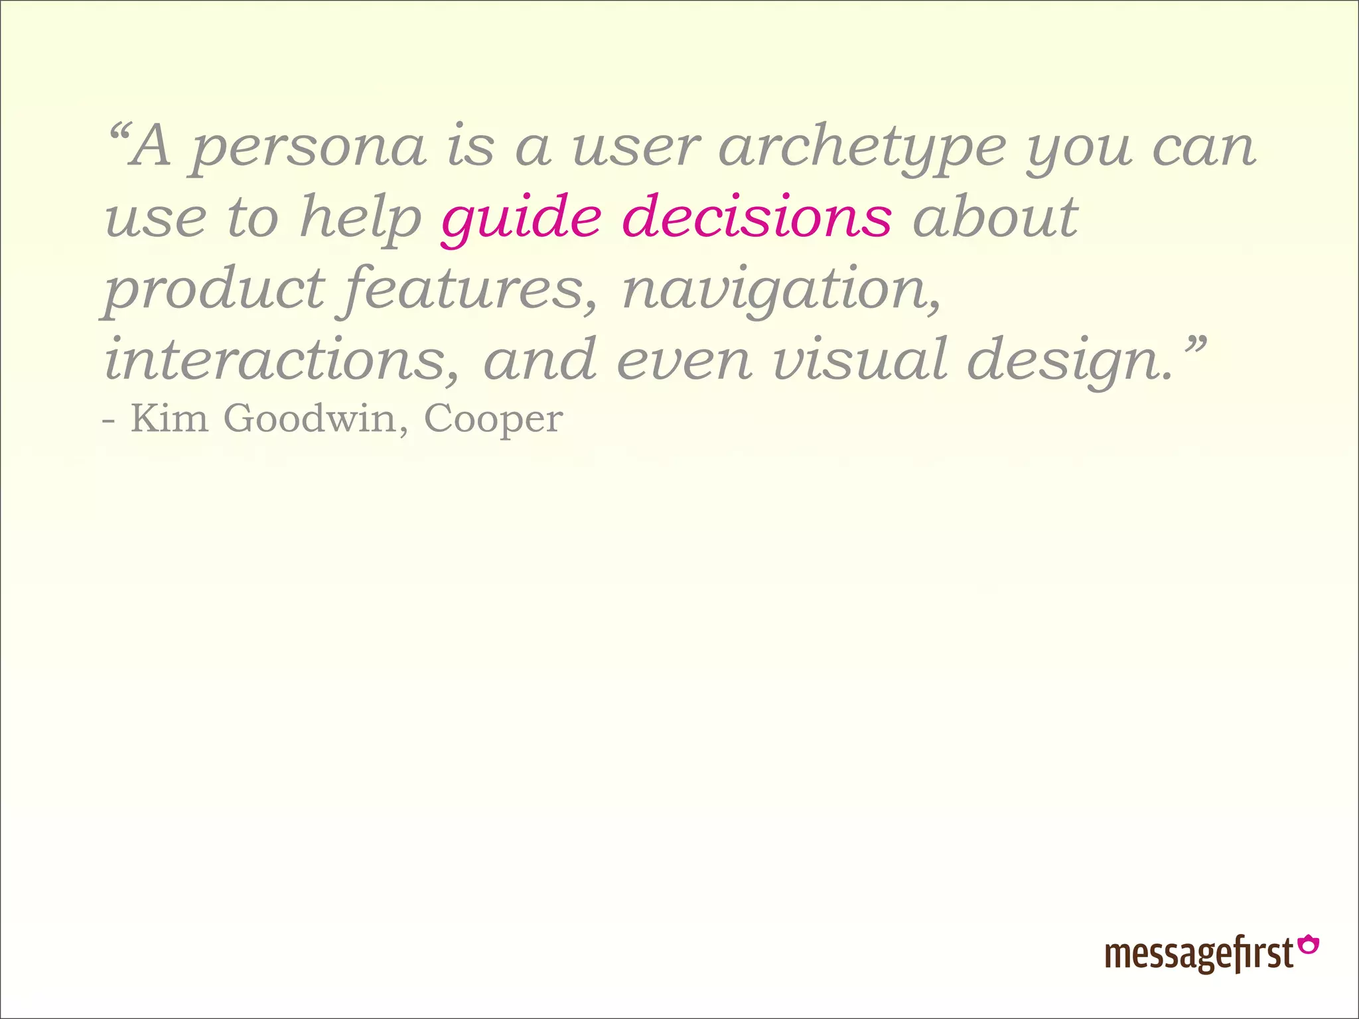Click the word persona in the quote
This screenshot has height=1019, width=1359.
pyautogui.click(x=308, y=149)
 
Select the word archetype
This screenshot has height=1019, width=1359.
pyautogui.click(x=862, y=149)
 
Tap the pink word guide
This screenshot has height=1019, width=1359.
pyautogui.click(x=521, y=219)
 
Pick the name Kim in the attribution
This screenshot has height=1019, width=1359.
pyautogui.click(x=169, y=419)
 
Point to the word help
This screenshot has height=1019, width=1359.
pyautogui.click(x=361, y=219)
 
